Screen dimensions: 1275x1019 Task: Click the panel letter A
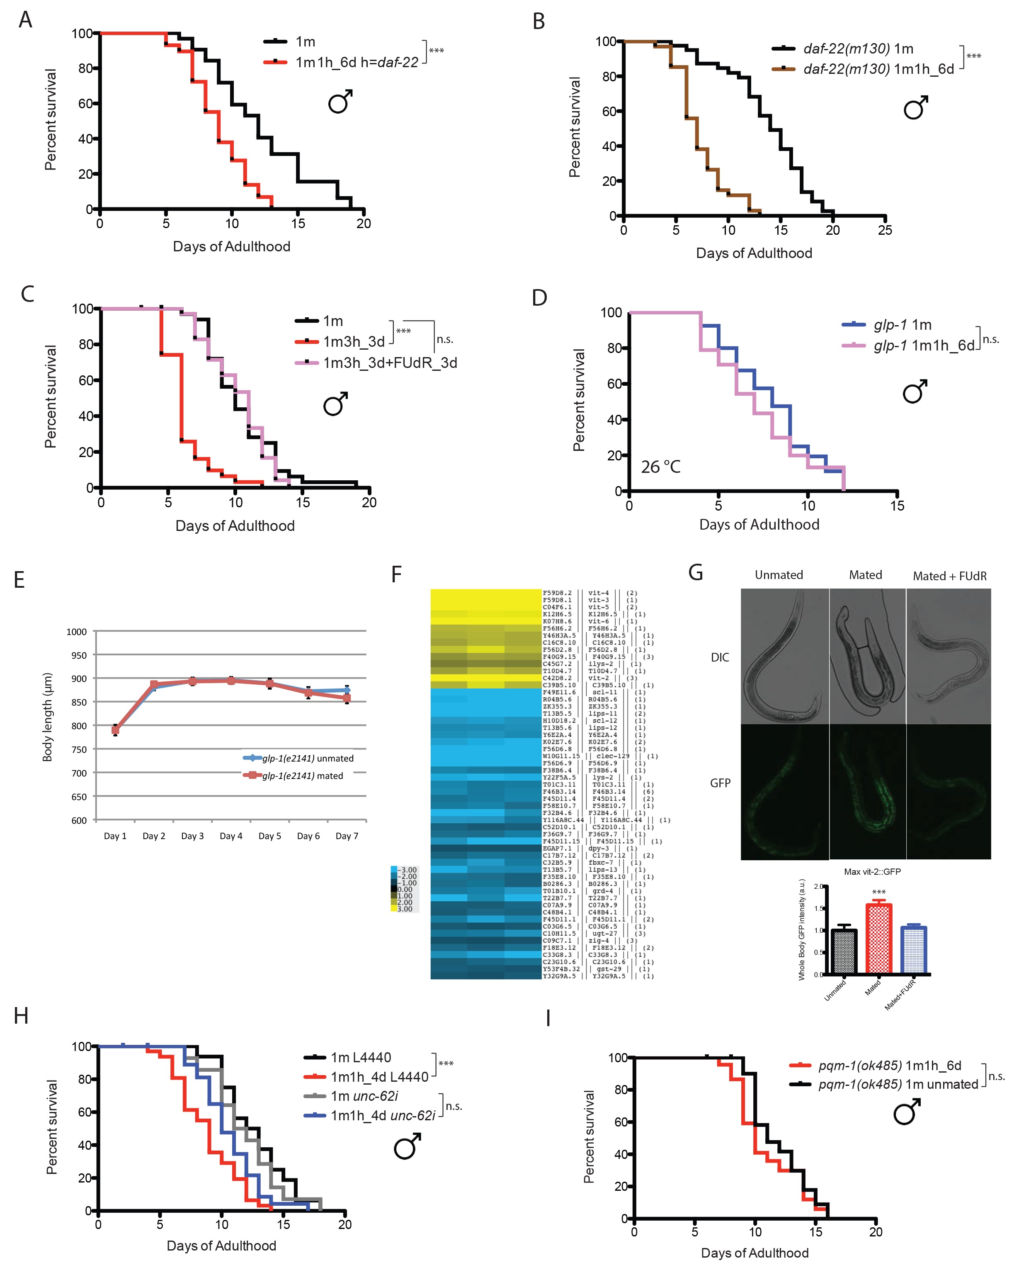pos(25,20)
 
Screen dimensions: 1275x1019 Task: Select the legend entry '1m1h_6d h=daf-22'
pos(357,62)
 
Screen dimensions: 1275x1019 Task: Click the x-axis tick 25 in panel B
pos(885,230)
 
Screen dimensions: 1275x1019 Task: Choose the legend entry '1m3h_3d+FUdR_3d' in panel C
pos(390,363)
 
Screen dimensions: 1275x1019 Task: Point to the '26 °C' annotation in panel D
pos(661,467)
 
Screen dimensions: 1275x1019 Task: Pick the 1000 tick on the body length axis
pos(77,632)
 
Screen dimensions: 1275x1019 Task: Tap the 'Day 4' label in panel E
pos(231,836)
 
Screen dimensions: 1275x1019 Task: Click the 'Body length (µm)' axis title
pos(47,717)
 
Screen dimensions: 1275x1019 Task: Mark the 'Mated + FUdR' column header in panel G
pos(949,576)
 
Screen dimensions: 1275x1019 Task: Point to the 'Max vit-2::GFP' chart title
pos(872,872)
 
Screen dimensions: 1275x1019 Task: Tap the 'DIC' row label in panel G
pos(720,657)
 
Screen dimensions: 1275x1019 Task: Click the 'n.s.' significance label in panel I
pos(997,1076)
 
